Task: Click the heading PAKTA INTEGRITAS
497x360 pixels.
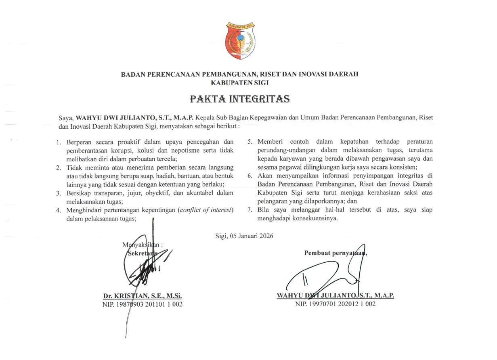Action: click(x=240, y=98)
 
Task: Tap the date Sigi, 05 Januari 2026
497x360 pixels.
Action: click(x=245, y=236)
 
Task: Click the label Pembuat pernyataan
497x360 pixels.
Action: click(x=335, y=253)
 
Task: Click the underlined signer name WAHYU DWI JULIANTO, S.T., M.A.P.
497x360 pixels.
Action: click(x=335, y=295)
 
